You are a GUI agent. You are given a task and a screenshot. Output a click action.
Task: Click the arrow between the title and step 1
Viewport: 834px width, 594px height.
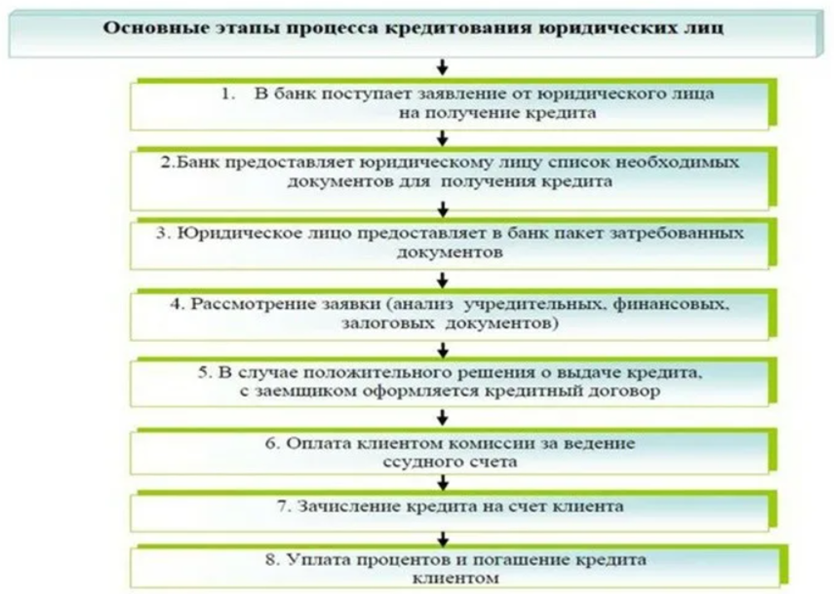[x=442, y=67]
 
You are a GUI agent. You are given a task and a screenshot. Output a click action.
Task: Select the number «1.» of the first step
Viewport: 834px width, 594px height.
[x=228, y=94]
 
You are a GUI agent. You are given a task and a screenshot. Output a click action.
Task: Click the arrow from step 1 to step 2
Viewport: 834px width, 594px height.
[x=442, y=139]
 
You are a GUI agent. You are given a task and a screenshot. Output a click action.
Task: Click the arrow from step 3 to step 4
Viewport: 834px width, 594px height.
[x=442, y=280]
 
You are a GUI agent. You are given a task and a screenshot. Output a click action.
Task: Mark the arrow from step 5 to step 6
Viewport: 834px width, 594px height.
[x=442, y=418]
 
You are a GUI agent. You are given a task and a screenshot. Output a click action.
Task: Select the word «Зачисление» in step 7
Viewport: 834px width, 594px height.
[x=349, y=506]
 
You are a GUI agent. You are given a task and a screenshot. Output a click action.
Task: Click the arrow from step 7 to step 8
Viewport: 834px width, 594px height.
[x=442, y=539]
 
